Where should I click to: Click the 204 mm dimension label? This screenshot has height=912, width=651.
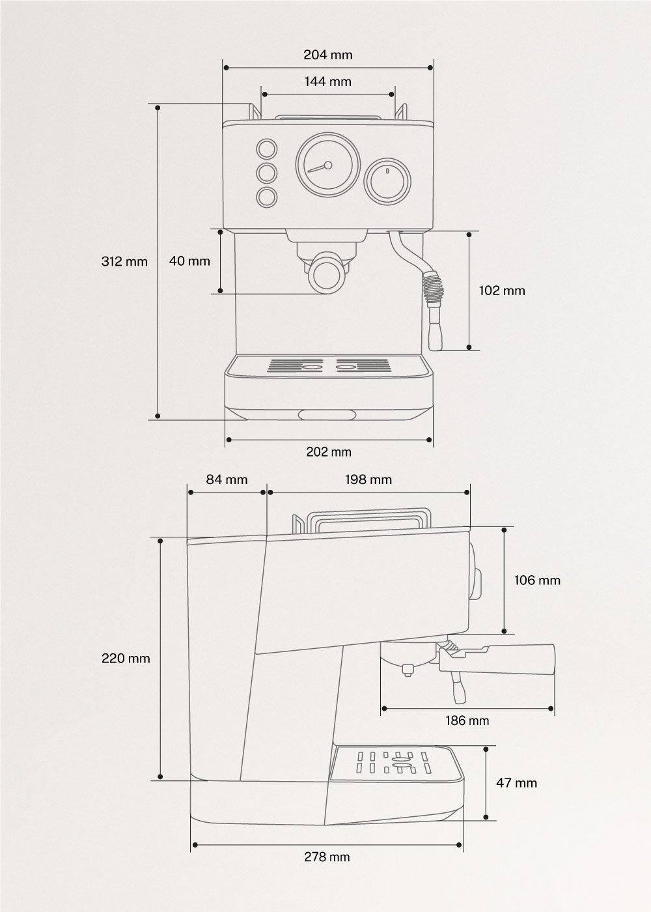coord(327,55)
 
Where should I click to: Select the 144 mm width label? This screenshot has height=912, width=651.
coord(327,81)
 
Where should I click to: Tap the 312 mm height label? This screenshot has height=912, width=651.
coord(124,262)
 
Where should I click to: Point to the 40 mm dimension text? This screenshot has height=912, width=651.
coord(189,261)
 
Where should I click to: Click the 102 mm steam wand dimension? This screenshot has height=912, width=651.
coord(501,291)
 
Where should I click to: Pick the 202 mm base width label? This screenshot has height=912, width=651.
coord(329,452)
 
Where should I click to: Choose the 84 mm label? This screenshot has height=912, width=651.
coord(227,479)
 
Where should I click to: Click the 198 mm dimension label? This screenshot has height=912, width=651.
coord(368,479)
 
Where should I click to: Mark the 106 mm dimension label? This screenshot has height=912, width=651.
coord(537,580)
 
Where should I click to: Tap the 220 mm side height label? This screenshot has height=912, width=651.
coord(126,659)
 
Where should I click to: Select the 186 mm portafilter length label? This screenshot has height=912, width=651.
coord(467,720)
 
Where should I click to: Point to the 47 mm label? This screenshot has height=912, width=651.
coord(516,782)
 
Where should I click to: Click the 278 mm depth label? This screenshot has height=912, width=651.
coord(327,857)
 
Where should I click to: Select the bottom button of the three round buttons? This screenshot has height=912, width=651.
coord(266,197)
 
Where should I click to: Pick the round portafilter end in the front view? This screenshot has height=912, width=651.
coord(327,274)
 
